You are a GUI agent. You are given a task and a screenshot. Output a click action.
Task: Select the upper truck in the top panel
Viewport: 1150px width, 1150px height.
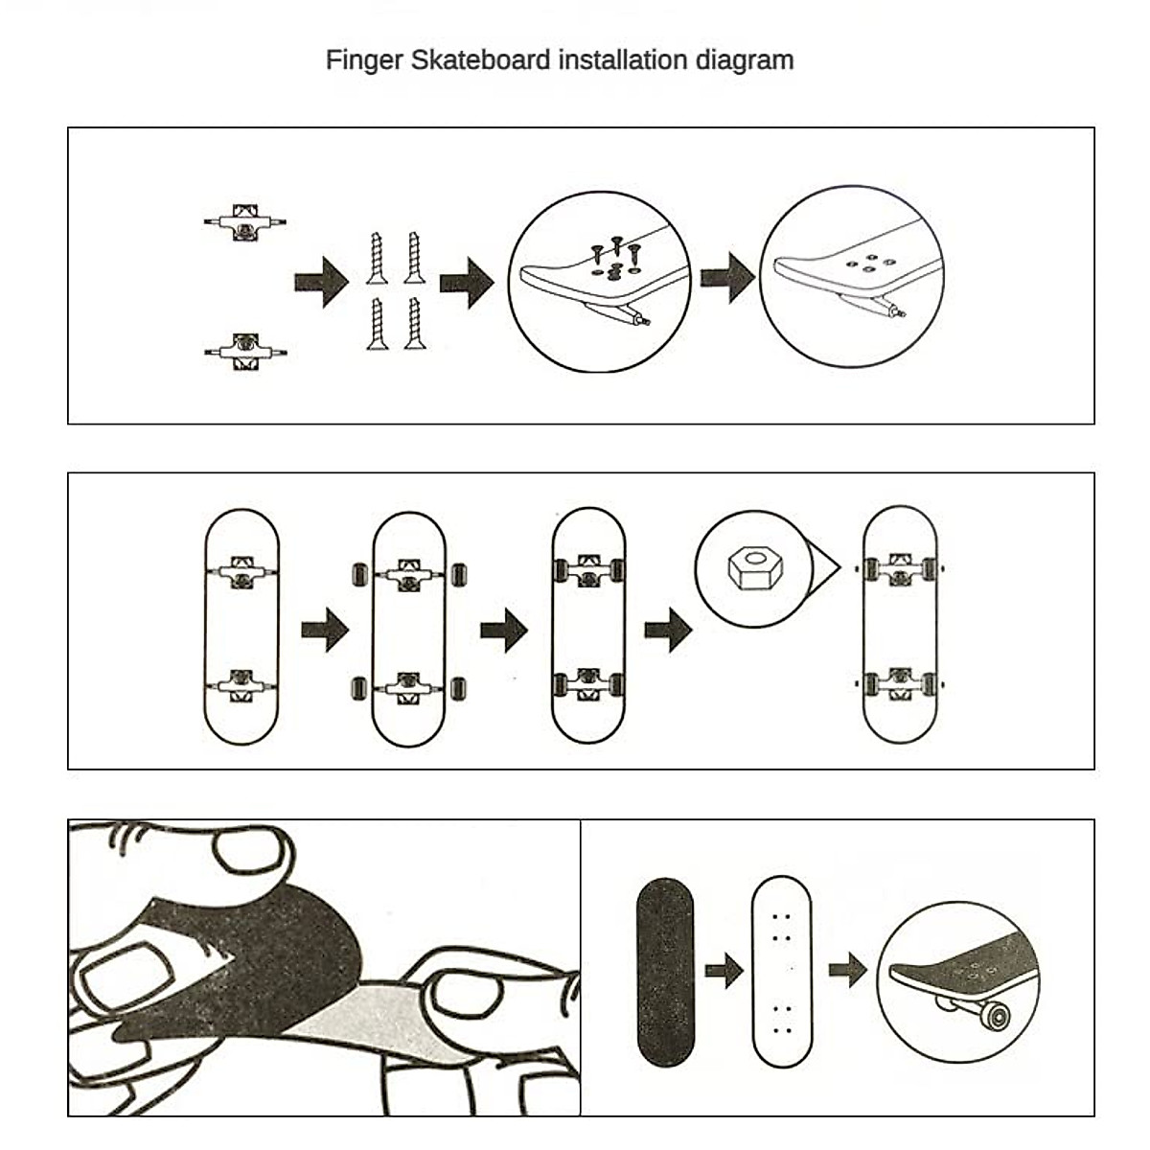245,222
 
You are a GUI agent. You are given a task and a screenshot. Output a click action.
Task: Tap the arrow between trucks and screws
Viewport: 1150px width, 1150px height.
321,282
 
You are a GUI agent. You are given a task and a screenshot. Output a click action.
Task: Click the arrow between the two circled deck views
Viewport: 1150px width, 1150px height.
728,278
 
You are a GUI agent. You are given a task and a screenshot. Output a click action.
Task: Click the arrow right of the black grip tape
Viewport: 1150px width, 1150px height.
724,971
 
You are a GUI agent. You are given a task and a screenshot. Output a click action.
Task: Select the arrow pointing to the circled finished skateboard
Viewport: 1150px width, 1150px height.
847,970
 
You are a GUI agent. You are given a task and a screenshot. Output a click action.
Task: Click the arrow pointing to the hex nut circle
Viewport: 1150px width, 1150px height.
668,632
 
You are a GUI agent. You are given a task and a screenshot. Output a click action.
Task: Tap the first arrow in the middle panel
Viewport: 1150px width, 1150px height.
325,630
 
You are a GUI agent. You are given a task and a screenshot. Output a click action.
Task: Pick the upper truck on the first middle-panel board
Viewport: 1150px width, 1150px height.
242,571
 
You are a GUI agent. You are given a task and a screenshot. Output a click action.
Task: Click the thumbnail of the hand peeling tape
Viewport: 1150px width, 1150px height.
324,968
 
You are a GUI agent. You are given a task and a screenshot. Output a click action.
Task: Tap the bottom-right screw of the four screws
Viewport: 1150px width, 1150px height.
414,323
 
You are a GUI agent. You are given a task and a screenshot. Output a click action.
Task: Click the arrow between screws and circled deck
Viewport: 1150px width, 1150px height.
467,282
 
